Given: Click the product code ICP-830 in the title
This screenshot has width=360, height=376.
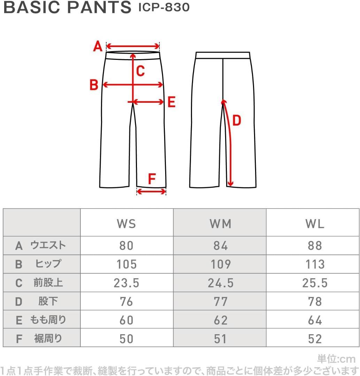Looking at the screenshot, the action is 164,7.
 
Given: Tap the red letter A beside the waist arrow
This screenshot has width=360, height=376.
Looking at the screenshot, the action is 98,46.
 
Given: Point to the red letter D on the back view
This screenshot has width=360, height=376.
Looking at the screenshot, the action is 237,120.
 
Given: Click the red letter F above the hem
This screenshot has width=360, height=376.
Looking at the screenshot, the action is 152,179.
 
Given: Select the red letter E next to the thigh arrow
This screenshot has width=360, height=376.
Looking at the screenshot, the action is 171,102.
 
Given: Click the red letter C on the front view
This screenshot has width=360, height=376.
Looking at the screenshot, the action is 140,71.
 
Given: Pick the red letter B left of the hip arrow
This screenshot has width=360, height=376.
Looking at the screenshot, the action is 94,85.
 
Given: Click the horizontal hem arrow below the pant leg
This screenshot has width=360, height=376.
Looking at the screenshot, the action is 151,191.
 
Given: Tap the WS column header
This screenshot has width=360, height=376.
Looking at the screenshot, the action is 127,224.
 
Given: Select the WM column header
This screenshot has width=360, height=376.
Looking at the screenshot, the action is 221,224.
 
